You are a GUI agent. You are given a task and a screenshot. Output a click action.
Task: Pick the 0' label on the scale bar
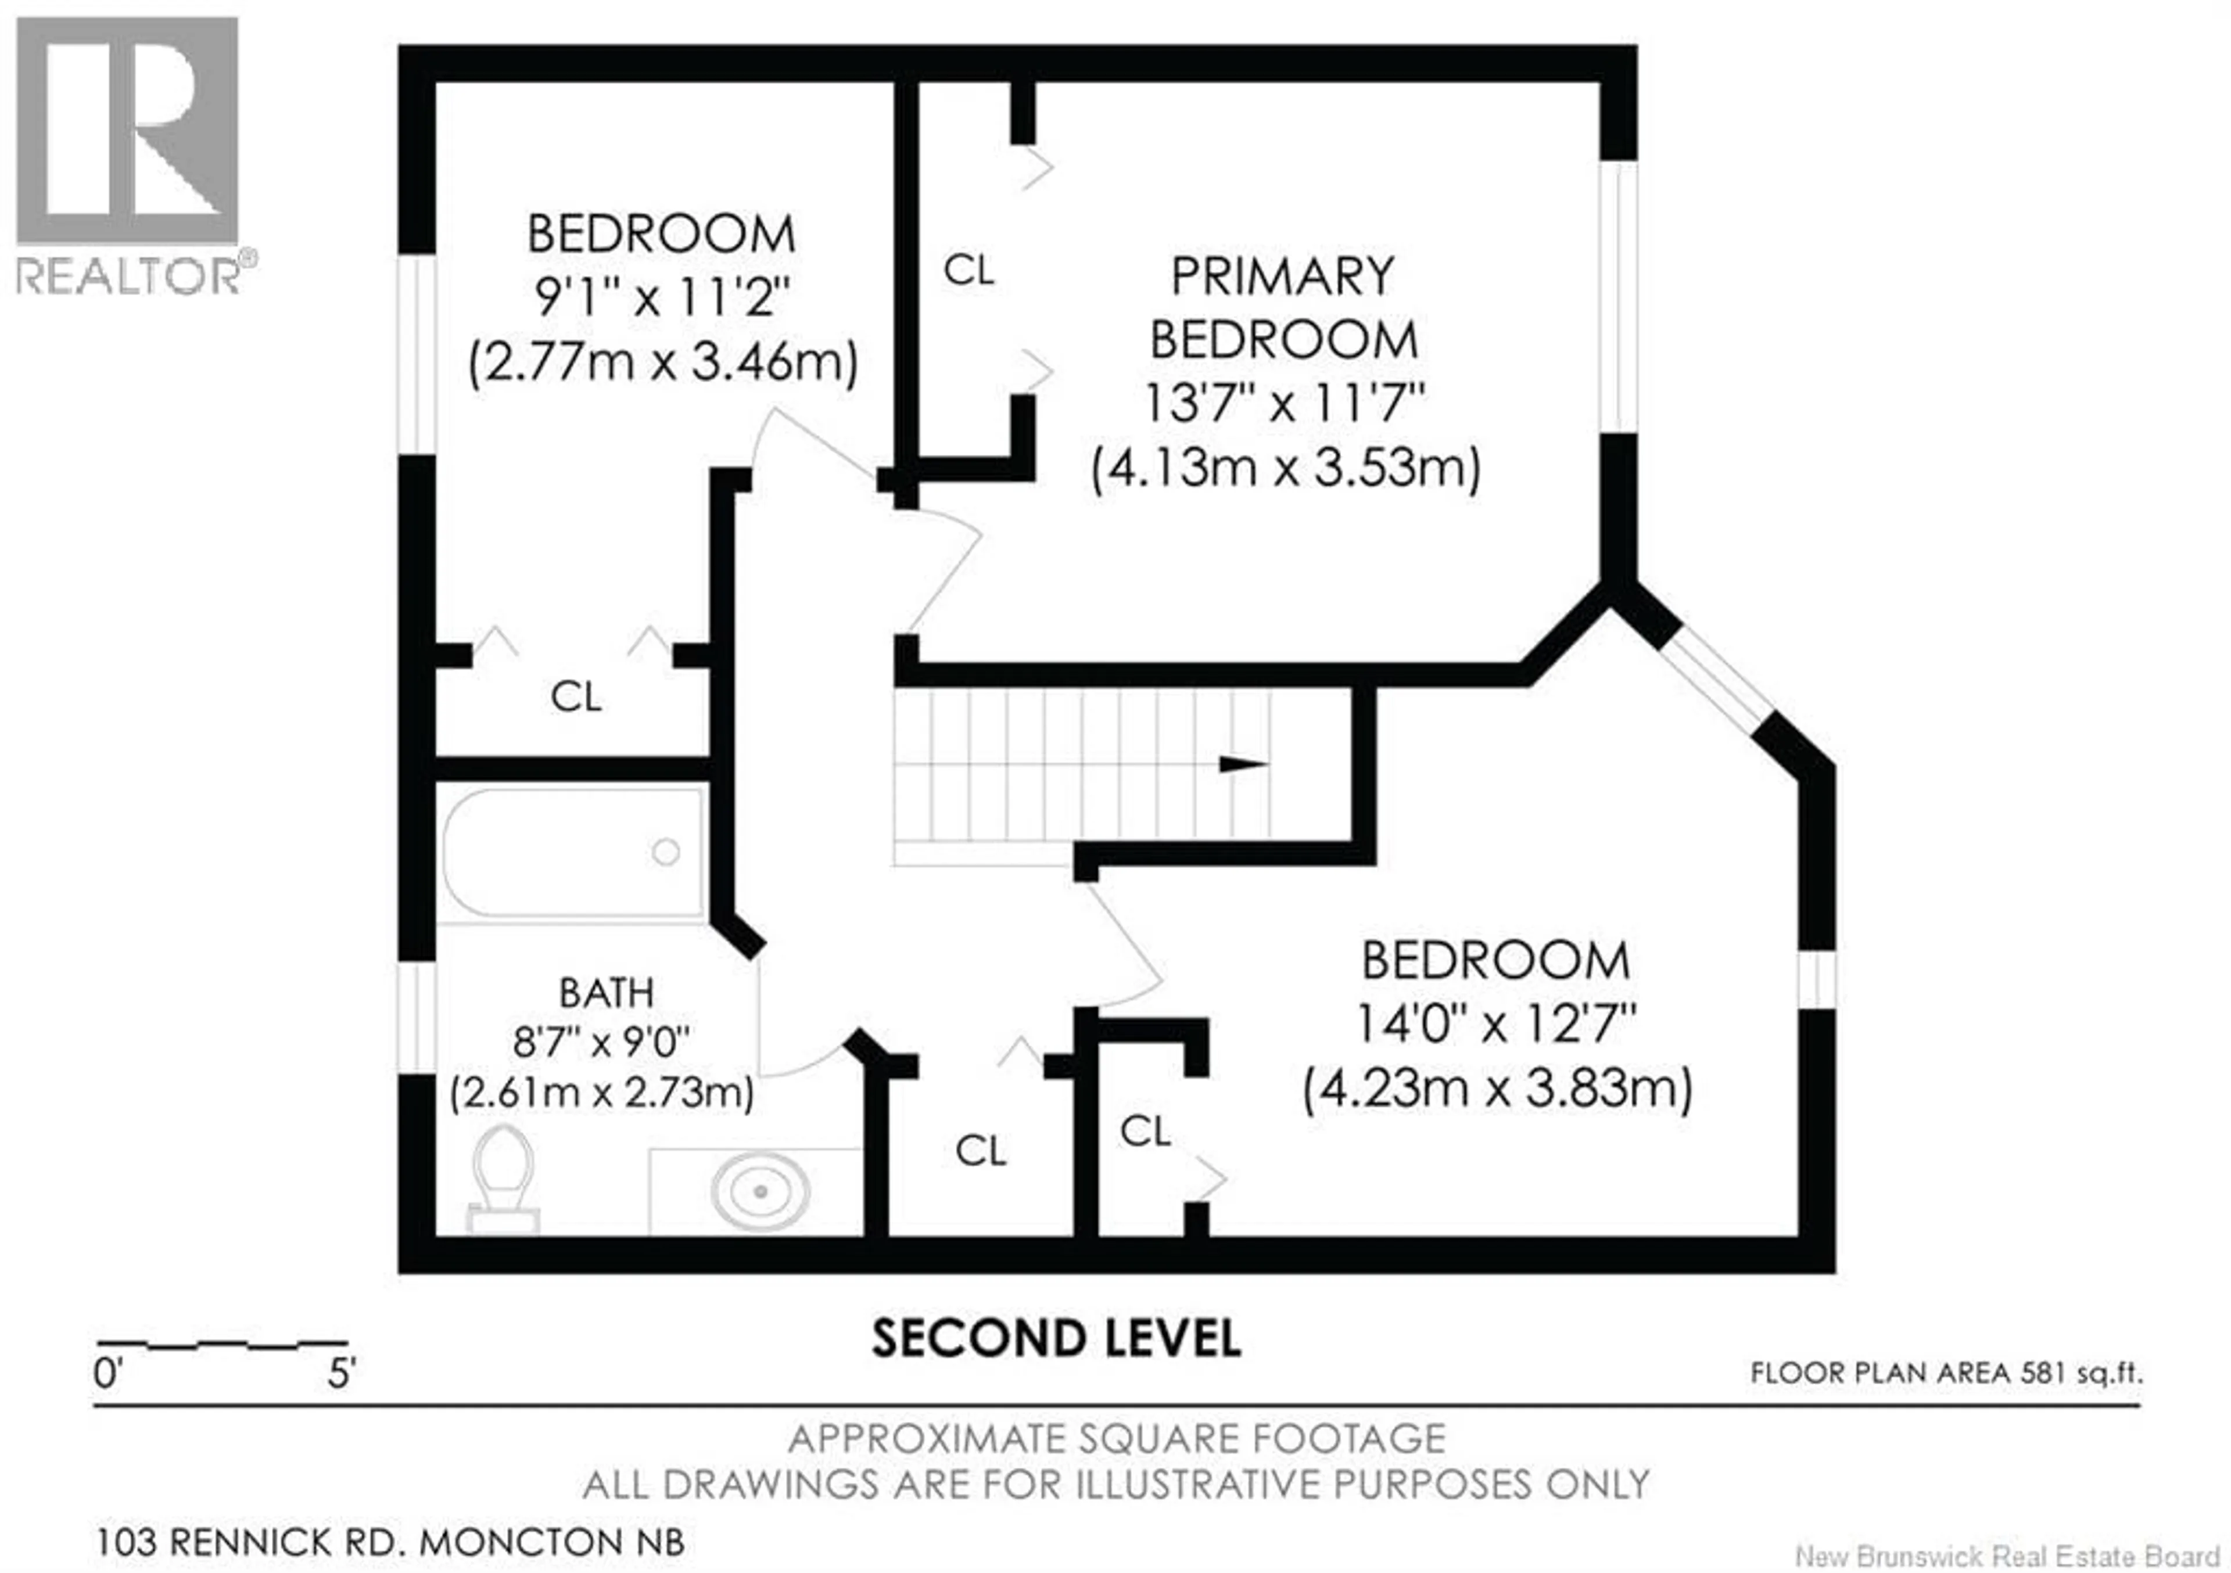tap(108, 1374)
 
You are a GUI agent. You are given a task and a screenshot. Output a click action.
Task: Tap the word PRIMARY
tap(1283, 277)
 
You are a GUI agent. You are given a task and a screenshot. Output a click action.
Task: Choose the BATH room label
tap(607, 992)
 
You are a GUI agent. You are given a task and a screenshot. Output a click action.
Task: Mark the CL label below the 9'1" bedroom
tap(575, 696)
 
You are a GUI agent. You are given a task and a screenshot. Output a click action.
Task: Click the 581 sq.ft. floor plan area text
tap(1945, 1373)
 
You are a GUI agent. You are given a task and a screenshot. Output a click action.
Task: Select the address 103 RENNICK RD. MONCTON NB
tap(390, 1541)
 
